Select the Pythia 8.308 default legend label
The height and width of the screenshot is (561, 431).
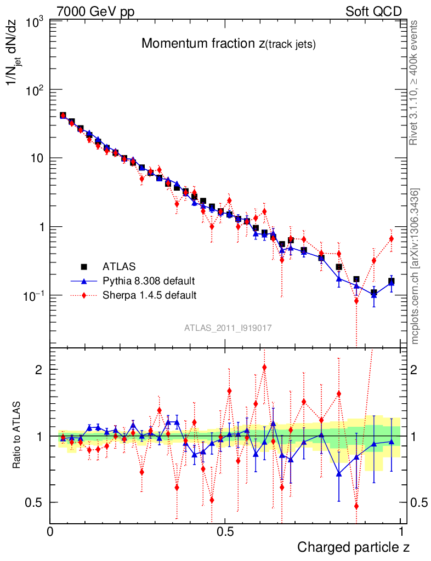tap(148, 281)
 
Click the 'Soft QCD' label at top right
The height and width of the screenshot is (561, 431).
tap(373, 12)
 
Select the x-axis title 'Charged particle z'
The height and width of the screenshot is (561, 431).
tap(353, 547)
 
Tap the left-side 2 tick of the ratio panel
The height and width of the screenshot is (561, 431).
tap(38, 369)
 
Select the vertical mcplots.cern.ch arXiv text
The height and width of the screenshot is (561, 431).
tap(415, 266)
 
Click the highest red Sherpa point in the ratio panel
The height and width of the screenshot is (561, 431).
tap(264, 367)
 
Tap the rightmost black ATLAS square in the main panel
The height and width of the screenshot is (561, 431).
tap(392, 281)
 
